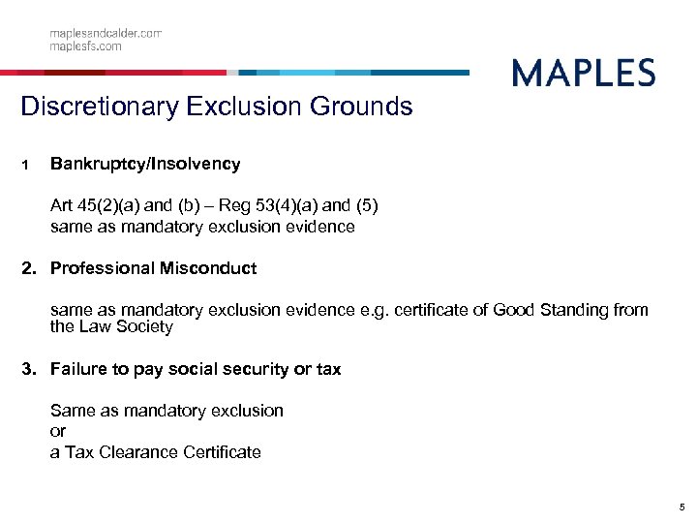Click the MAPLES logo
tap(583, 74)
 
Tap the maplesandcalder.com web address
tap(106, 33)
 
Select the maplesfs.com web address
tap(86, 46)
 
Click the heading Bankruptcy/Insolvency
tap(145, 164)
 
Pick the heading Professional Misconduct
tap(153, 268)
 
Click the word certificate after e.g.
tap(433, 310)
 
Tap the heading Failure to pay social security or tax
tap(195, 369)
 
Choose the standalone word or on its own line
tap(57, 431)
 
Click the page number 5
tap(682, 507)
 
